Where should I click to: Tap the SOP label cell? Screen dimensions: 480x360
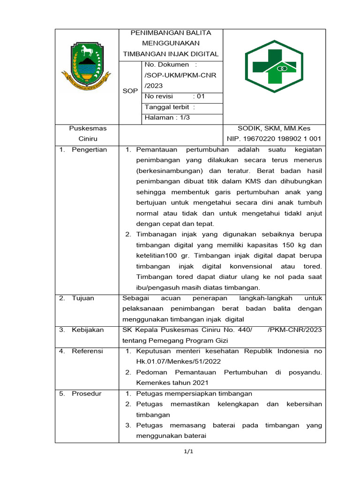[130, 91]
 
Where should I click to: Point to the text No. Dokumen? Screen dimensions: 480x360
[167, 65]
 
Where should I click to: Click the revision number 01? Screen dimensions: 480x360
[201, 97]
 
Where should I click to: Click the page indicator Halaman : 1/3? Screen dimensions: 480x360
[166, 118]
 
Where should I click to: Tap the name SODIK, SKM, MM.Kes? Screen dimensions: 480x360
[274, 128]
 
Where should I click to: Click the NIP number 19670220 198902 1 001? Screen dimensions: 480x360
[274, 139]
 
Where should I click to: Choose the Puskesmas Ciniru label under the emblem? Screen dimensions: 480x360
[88, 134]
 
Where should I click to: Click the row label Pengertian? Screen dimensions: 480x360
[89, 150]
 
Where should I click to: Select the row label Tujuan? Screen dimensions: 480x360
[83, 298]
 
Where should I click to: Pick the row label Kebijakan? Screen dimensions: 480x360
[88, 330]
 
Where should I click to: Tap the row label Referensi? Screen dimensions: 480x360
[87, 351]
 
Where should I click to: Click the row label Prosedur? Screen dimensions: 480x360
[86, 394]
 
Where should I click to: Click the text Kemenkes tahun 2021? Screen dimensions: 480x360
[165, 383]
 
